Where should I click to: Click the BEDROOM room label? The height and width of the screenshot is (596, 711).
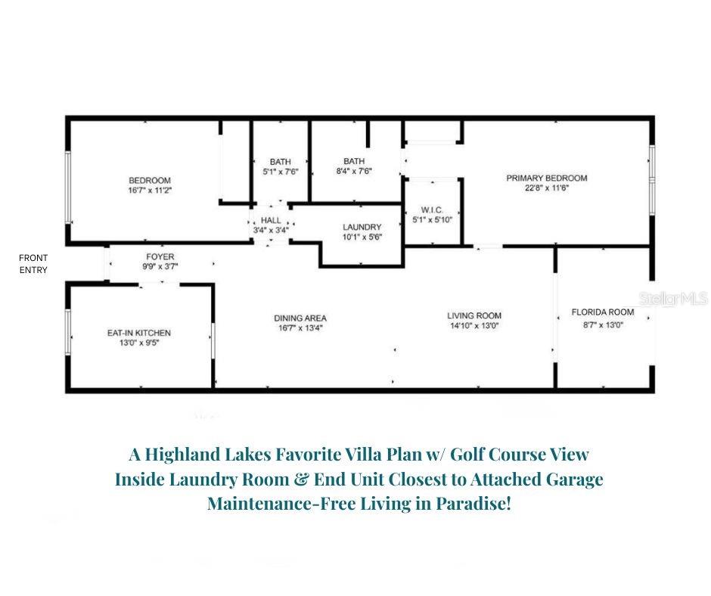[x=149, y=180]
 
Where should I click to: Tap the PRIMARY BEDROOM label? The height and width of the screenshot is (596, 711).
[x=546, y=178]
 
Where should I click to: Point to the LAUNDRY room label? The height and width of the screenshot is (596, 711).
[x=362, y=227]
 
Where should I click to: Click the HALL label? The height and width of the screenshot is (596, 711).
[x=270, y=219]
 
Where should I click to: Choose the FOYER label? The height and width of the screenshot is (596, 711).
[x=160, y=257]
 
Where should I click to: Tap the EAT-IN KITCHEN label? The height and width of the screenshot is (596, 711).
[x=138, y=333]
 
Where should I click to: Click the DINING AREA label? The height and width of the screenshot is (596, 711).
[x=300, y=318]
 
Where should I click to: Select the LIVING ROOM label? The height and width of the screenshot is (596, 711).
[x=473, y=316]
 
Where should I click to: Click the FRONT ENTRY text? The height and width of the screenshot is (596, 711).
[x=33, y=264]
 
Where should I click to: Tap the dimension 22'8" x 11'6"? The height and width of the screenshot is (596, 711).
[x=546, y=188]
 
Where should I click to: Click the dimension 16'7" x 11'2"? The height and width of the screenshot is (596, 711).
[x=149, y=190]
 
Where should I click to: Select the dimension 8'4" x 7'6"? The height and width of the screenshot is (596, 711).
[x=353, y=171]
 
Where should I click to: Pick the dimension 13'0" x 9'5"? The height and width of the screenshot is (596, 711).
[x=138, y=343]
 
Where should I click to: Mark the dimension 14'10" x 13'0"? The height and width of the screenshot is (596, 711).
[x=473, y=326]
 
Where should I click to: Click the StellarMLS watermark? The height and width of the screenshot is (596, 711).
[x=672, y=300]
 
